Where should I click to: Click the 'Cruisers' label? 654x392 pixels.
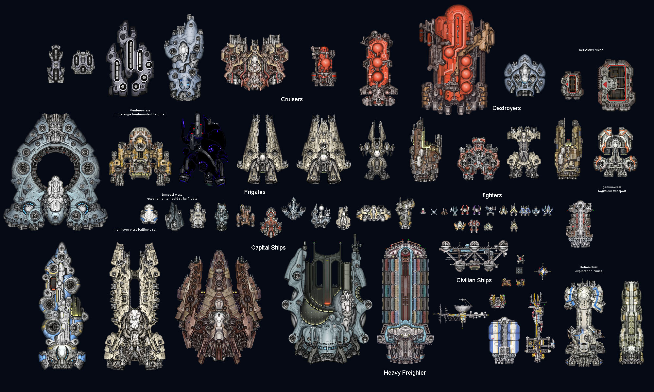(x=292, y=99)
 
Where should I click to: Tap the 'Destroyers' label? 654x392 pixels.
(x=507, y=108)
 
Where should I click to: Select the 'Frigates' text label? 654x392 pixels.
(x=255, y=192)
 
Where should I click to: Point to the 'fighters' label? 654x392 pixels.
(x=492, y=195)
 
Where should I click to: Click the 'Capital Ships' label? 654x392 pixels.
(x=268, y=248)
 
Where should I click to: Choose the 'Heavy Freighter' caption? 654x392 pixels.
(x=405, y=373)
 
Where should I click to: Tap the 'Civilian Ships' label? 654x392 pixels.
(x=474, y=280)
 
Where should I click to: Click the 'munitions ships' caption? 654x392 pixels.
(x=591, y=50)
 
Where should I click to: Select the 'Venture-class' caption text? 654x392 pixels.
(x=140, y=110)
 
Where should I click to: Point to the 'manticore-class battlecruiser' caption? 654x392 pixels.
(x=135, y=230)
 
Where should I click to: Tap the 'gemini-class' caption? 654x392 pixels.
(x=612, y=187)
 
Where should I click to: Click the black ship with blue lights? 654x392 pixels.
(x=203, y=149)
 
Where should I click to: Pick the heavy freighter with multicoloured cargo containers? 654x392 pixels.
(x=405, y=302)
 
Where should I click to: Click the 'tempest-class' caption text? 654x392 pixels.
(x=172, y=195)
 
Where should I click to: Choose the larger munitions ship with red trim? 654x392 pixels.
(x=616, y=85)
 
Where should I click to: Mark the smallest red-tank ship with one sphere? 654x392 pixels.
(x=323, y=66)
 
